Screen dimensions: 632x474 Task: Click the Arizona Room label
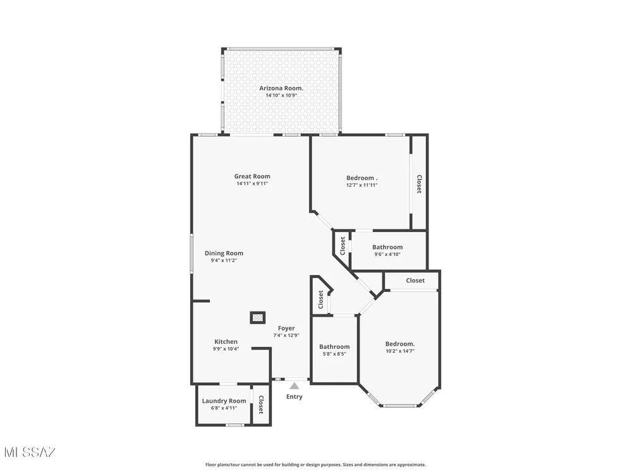pos(281,88)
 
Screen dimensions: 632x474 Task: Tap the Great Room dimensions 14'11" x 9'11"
pos(252,184)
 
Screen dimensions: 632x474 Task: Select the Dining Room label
pos(224,253)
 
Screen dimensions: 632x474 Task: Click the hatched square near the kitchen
pos(258,318)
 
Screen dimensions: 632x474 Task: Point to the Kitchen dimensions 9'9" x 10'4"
pos(226,349)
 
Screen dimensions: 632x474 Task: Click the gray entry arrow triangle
pos(295,386)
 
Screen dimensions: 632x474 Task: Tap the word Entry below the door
pos(295,397)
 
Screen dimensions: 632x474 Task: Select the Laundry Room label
pos(224,401)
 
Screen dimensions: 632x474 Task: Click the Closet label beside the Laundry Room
pos(261,404)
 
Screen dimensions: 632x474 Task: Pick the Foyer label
pos(286,329)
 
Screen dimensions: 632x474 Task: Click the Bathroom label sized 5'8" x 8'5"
pos(334,346)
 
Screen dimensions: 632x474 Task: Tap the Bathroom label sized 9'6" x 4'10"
pos(387,247)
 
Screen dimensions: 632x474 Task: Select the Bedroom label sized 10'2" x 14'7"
pos(400,344)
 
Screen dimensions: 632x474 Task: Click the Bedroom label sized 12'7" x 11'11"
pos(362,178)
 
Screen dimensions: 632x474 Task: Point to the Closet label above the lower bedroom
pos(415,281)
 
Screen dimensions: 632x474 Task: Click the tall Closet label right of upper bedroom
pos(419,184)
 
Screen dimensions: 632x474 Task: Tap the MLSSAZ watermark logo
pos(30,453)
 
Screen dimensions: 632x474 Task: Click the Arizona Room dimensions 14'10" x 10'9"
pos(281,96)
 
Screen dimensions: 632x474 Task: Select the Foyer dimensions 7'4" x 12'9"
pos(286,336)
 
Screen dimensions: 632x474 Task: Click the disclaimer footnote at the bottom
pos(315,465)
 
